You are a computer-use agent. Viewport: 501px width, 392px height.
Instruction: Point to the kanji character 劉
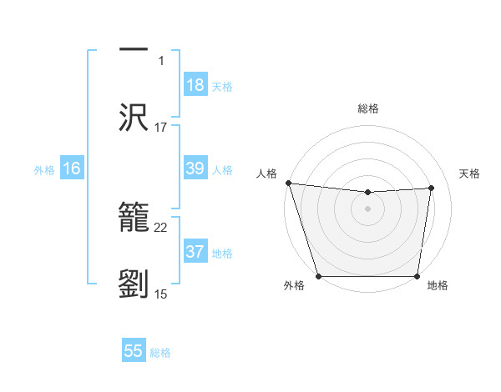(134, 284)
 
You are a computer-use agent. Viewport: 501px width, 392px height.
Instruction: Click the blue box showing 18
(195, 85)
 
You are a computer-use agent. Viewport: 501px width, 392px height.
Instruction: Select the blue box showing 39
(195, 168)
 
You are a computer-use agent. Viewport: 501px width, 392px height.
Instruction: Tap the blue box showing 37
(195, 252)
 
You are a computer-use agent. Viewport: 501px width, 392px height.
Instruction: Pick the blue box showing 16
(72, 168)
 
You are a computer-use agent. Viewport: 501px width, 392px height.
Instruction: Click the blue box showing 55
(134, 351)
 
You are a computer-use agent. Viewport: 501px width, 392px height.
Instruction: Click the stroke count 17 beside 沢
(161, 128)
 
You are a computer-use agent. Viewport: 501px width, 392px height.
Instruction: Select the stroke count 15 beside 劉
(161, 294)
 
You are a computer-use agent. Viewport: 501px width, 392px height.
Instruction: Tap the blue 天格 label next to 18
(222, 86)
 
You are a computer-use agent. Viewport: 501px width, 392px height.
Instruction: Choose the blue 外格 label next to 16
(44, 169)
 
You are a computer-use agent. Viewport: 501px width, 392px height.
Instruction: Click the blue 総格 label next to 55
(160, 352)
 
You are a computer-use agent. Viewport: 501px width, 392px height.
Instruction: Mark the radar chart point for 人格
(288, 183)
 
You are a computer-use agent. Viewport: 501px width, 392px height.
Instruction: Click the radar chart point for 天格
(432, 188)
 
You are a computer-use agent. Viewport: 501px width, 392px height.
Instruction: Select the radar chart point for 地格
(417, 276)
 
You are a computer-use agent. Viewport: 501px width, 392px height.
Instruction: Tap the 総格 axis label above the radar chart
(368, 108)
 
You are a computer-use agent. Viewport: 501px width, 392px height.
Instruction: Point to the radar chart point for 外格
(319, 276)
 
